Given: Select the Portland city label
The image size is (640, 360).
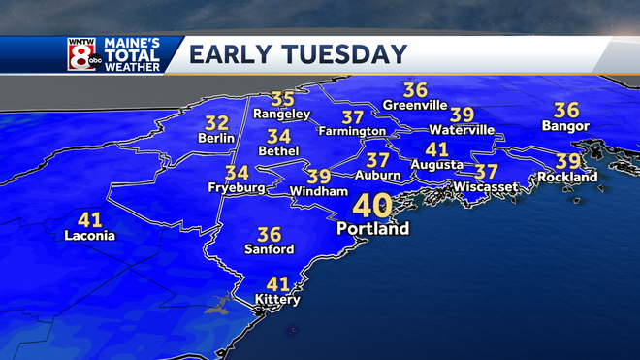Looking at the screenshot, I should click(373, 229).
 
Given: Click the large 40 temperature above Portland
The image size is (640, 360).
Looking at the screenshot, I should click(373, 206).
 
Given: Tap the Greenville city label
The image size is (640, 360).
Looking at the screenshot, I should click(414, 105).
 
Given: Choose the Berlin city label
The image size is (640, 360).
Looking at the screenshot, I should click(217, 139).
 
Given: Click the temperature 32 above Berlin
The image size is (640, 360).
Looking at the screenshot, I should click(217, 123).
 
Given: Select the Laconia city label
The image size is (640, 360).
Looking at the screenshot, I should click(89, 236).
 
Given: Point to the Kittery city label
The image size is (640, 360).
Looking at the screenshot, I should click(277, 300).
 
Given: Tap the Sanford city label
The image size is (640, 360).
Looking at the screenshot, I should click(269, 249).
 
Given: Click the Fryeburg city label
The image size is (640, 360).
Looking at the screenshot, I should click(235, 187).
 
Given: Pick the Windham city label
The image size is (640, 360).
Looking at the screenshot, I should click(319, 192).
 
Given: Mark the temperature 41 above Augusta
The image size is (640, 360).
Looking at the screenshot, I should click(437, 149).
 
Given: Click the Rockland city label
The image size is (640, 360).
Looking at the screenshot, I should click(569, 178).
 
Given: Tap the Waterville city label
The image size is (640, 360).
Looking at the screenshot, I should click(462, 130).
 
